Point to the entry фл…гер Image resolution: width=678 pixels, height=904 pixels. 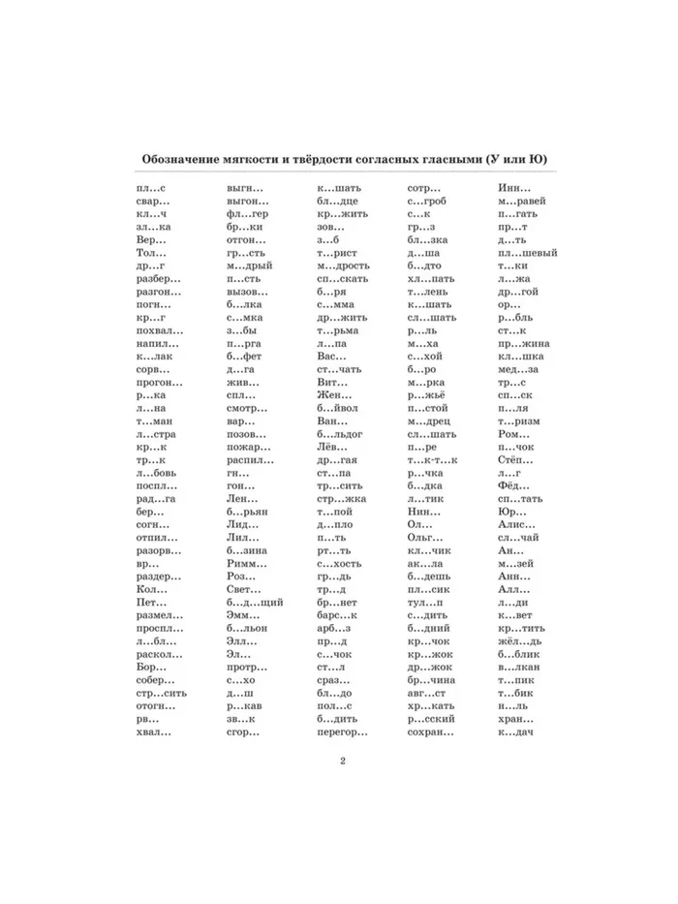(x=247, y=212)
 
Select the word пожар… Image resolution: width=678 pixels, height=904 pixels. (x=248, y=449)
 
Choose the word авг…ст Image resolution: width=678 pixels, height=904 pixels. (x=427, y=693)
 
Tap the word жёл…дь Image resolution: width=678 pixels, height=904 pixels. (x=520, y=641)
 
